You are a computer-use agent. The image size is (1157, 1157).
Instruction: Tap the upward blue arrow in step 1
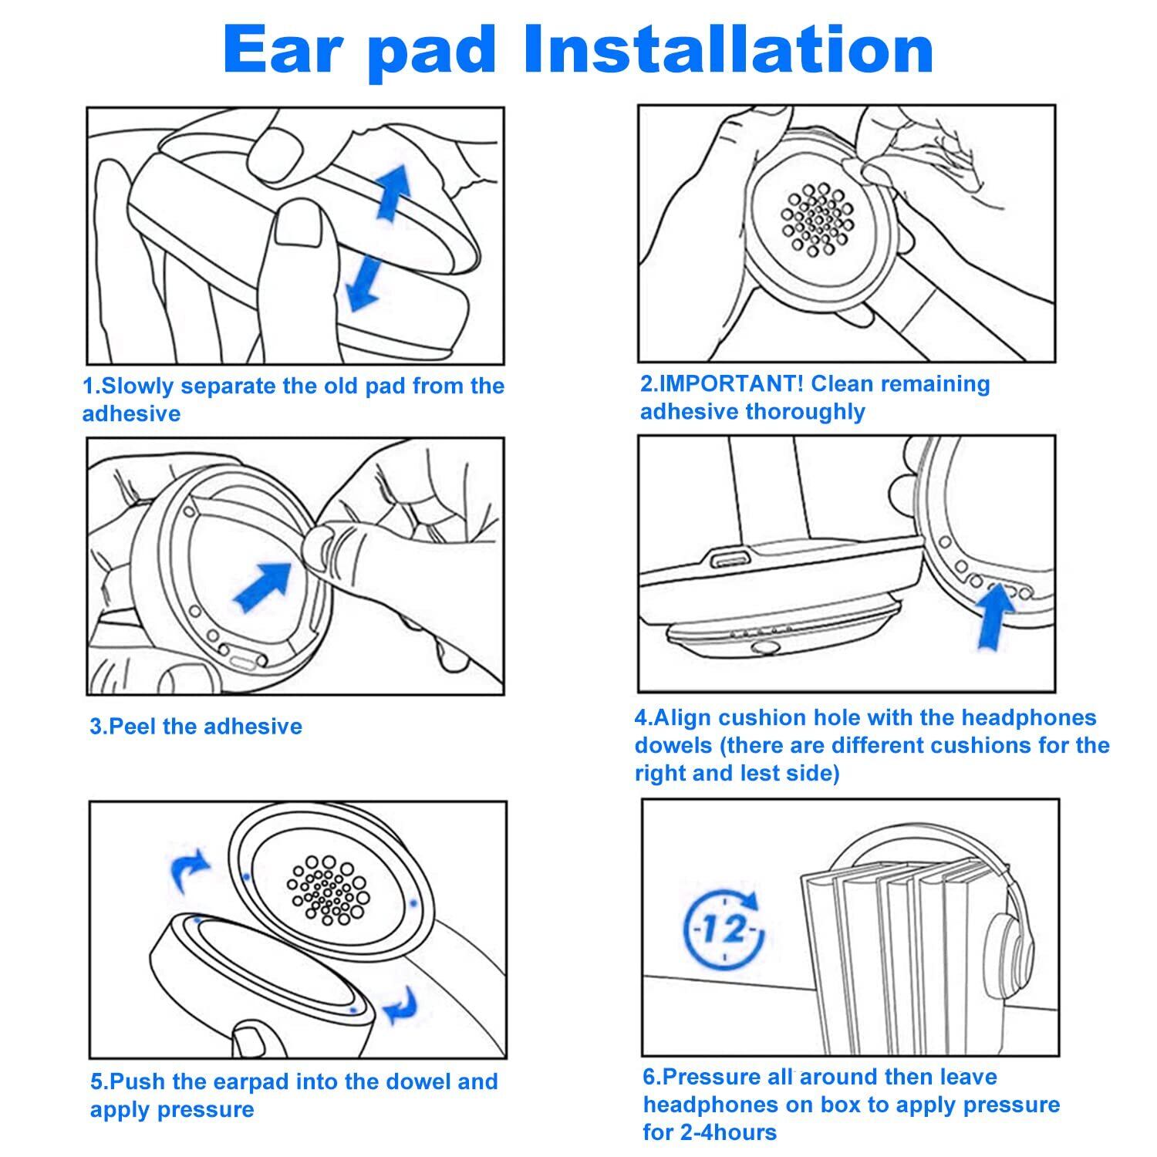394,192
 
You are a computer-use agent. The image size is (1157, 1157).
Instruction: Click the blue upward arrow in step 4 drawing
996,617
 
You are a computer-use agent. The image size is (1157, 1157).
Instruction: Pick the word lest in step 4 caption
757,773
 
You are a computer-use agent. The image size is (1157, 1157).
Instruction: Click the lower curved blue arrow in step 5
400,1006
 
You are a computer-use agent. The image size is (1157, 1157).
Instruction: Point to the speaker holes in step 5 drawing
327,890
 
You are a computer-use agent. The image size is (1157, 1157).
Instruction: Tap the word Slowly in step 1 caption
137,386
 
